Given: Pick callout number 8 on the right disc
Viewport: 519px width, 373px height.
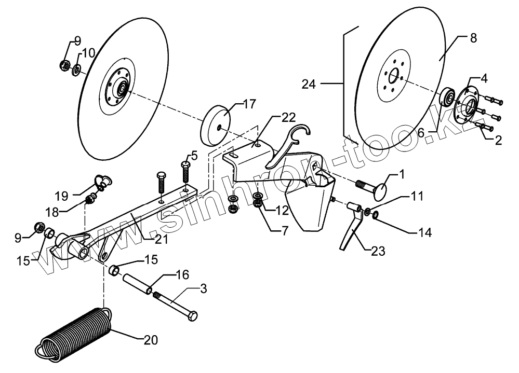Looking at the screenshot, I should [x=473, y=39].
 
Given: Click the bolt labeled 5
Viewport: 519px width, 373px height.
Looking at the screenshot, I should [x=186, y=171].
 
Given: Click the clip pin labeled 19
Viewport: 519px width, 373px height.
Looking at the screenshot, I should [x=102, y=182].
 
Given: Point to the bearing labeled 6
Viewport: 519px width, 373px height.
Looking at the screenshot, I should [x=446, y=98].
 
